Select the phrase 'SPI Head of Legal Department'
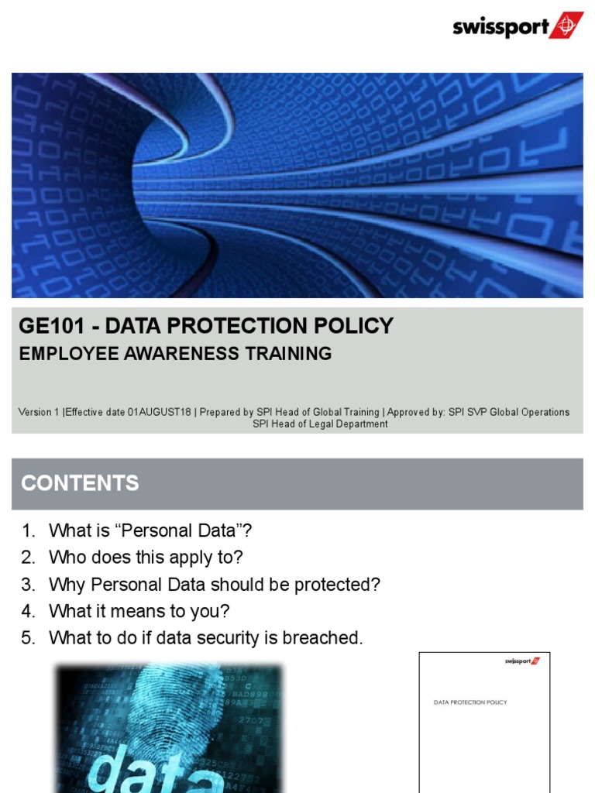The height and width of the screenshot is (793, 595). click(320, 424)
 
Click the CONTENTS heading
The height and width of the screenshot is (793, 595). click(80, 483)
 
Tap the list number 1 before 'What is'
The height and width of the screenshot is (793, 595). click(29, 531)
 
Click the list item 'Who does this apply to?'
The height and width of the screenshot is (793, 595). click(146, 558)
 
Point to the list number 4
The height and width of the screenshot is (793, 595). click(29, 612)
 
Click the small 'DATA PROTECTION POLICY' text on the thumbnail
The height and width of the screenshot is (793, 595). click(469, 702)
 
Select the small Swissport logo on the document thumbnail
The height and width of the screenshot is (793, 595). click(522, 661)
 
